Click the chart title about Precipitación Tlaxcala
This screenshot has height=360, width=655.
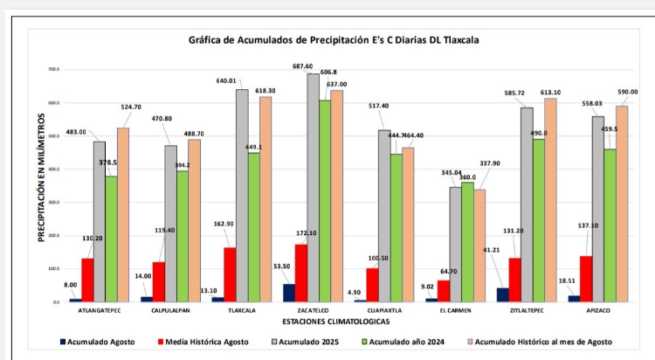pos(334,40)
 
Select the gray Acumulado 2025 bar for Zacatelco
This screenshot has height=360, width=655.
pos(313,188)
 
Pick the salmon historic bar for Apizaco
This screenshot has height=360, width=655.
pos(622,204)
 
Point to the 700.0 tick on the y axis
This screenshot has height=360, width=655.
pos(54,69)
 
